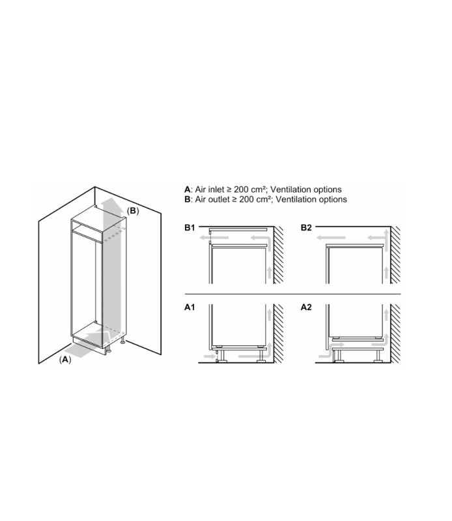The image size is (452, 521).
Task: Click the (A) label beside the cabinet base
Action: (65, 359)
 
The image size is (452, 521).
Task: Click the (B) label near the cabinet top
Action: (133, 211)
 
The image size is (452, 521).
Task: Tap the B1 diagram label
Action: (190, 227)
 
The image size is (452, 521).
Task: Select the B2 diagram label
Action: (306, 227)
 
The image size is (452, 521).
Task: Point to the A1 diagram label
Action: (190, 307)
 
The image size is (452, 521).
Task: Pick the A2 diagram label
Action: (306, 307)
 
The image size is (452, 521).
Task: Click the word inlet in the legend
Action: (216, 190)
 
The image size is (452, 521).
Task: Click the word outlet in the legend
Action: (218, 199)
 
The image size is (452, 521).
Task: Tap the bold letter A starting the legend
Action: (188, 190)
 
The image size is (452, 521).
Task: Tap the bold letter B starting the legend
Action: (188, 200)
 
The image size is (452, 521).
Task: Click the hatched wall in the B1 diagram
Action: (279, 255)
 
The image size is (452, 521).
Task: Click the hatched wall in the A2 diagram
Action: (395, 333)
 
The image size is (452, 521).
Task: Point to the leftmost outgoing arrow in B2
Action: (331, 238)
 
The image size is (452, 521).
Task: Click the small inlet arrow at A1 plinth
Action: (210, 356)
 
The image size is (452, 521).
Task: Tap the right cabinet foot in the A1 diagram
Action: (261, 354)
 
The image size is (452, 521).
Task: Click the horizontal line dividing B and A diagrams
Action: (293, 294)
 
